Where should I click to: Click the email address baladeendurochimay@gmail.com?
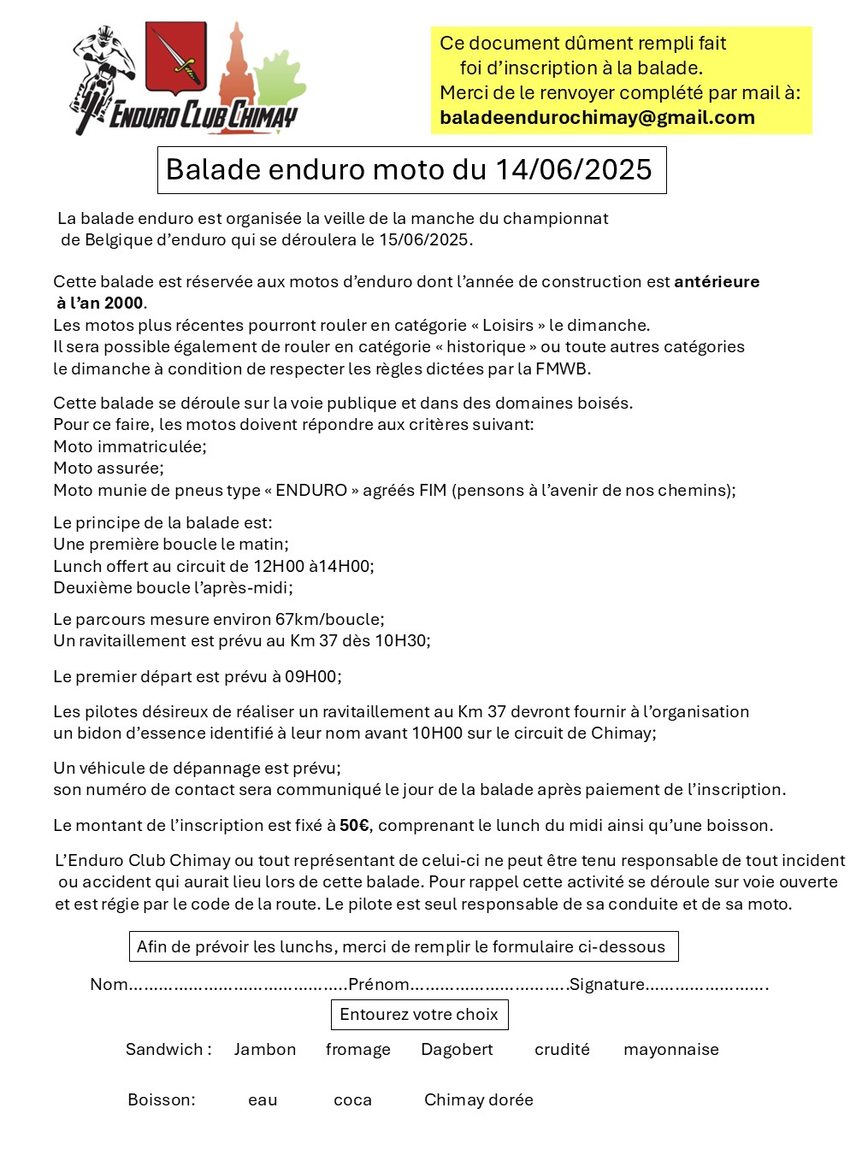(x=597, y=118)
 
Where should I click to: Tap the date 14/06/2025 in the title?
(x=573, y=169)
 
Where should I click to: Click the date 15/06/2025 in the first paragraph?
(x=424, y=240)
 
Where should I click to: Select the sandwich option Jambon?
(x=265, y=1050)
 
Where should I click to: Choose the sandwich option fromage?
(x=357, y=1050)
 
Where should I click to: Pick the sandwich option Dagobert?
(x=457, y=1050)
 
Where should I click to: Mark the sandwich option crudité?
(x=562, y=1050)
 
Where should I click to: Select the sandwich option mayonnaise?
(x=670, y=1050)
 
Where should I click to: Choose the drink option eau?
(x=263, y=1100)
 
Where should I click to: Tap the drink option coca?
(x=352, y=1100)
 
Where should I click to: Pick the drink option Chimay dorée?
(x=478, y=1100)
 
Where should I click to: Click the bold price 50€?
(x=354, y=826)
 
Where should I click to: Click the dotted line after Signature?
(x=707, y=986)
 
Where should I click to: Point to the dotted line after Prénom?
(x=489, y=986)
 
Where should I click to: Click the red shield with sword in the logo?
(x=176, y=57)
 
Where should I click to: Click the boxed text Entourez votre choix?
(x=419, y=1015)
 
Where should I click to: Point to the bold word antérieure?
(x=717, y=282)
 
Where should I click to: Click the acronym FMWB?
(x=562, y=369)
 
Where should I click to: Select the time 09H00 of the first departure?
(x=311, y=677)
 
